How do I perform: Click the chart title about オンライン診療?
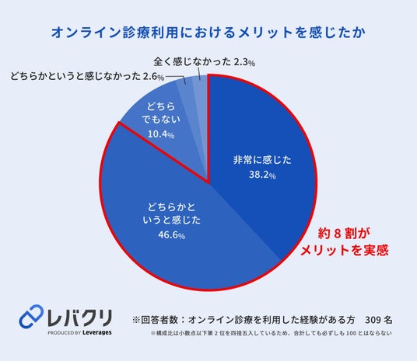[208, 33]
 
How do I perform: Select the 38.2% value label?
[262, 175]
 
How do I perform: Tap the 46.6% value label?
[171, 235]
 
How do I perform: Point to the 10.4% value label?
[161, 134]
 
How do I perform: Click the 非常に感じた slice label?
[262, 160]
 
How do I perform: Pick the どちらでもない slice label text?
[161, 113]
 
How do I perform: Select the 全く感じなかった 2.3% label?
[205, 62]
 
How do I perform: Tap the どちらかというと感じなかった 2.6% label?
[87, 76]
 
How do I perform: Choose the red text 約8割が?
[344, 234]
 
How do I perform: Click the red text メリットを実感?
[345, 250]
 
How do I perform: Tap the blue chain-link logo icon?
[31, 316]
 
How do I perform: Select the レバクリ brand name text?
[80, 318]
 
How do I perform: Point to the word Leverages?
[97, 332]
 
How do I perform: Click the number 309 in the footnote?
[373, 320]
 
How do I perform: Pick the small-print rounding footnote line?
[271, 333]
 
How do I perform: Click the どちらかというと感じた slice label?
[171, 213]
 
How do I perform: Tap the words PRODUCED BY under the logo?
[65, 333]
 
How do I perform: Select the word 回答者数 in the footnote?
[159, 320]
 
